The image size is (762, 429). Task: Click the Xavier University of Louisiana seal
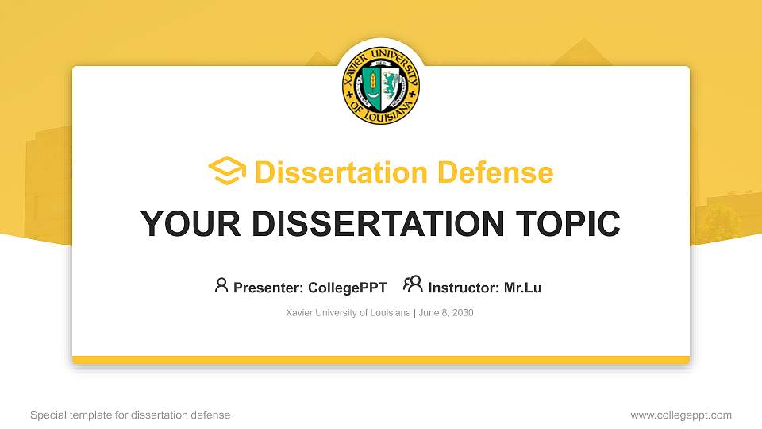pos(381,83)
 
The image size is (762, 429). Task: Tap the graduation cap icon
pos(227,172)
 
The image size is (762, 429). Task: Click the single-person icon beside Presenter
pos(221,285)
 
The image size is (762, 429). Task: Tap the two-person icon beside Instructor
pos(413,284)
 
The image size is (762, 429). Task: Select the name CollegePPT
pos(347,288)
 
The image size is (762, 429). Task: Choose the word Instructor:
pos(464,288)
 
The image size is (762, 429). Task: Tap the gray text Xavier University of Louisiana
pos(348,313)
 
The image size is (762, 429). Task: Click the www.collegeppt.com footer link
pos(681,415)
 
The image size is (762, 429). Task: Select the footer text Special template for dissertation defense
pos(130,415)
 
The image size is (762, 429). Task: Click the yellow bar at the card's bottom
pos(381,360)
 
